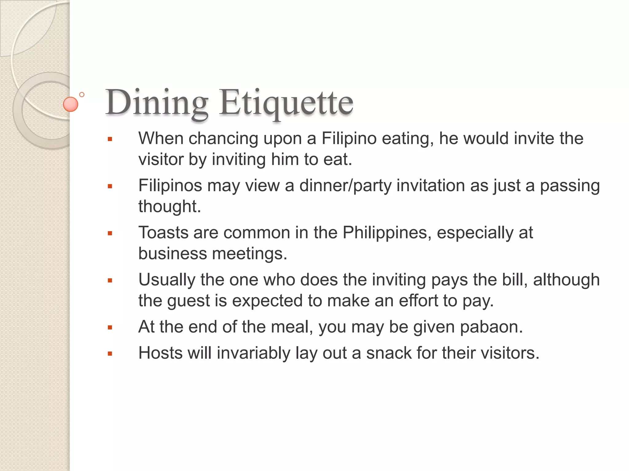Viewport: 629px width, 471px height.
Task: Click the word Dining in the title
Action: [157, 103]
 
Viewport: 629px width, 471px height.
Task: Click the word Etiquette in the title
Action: [286, 103]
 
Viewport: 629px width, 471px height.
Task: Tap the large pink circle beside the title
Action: [70, 104]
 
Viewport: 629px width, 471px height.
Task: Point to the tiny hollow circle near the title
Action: [82, 95]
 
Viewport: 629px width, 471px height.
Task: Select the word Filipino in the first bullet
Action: [349, 139]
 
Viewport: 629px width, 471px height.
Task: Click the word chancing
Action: [223, 139]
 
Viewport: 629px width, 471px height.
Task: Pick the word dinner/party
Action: [345, 186]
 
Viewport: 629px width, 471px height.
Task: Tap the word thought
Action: [169, 206]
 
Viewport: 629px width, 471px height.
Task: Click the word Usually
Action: [166, 280]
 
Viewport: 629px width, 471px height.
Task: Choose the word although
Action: [566, 280]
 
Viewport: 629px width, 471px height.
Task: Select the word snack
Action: [389, 353]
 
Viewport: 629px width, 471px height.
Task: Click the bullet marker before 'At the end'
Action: [110, 327]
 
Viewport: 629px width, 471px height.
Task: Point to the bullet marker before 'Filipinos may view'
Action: [110, 186]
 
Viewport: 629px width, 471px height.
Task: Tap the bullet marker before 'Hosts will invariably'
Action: [110, 354]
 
